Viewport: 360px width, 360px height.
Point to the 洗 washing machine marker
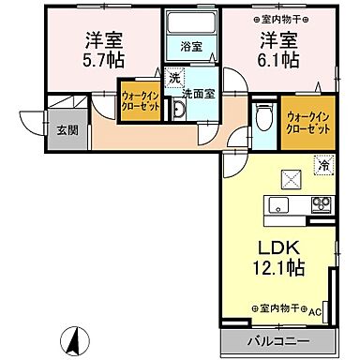click(x=173, y=80)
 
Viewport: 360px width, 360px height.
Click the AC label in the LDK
click(x=315, y=310)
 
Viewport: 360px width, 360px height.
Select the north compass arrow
click(x=68, y=338)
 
